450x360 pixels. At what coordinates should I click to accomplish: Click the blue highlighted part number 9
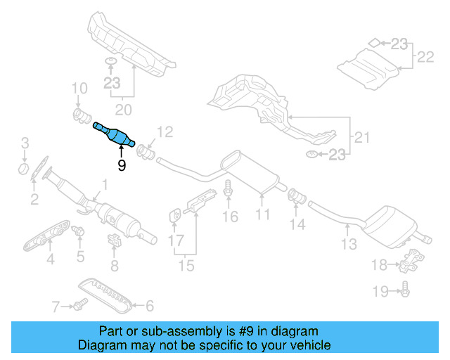click(x=114, y=134)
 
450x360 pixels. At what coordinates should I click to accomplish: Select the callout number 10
click(x=79, y=89)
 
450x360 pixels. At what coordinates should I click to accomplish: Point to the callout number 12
click(x=164, y=131)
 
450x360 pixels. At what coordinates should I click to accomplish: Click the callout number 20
click(x=123, y=109)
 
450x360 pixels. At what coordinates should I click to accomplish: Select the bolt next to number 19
click(x=406, y=288)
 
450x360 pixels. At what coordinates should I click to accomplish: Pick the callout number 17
click(x=175, y=240)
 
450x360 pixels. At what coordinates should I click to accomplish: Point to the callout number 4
click(x=50, y=261)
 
